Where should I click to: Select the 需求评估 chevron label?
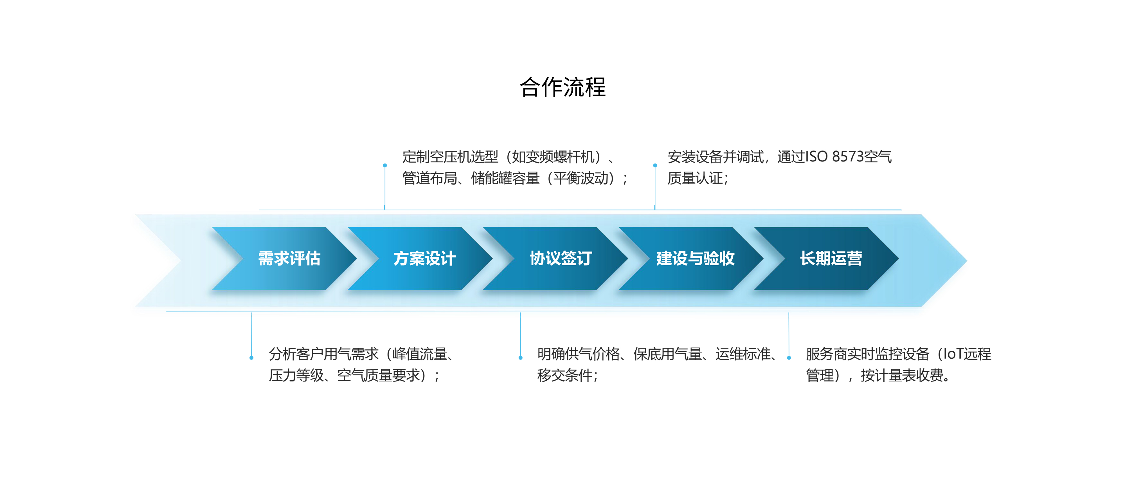pos(289,258)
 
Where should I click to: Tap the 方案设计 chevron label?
pos(424,258)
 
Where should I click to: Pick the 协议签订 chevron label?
pos(561,258)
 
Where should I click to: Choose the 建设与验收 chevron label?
pos(695,258)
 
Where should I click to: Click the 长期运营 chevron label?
pos(831,258)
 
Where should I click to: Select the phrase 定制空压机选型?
pos(450,156)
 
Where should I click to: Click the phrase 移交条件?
pos(565,375)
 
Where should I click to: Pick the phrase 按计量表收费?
pos(902,375)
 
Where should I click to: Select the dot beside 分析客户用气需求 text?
pos(251,358)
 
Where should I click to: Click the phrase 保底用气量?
pos(667,354)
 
